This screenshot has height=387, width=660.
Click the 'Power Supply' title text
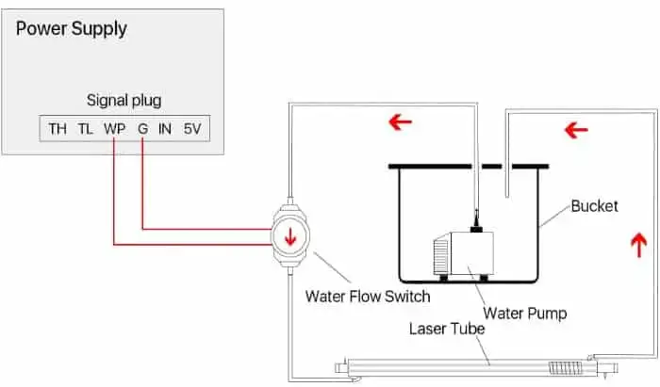tap(72, 29)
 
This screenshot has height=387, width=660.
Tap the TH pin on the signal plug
tap(58, 128)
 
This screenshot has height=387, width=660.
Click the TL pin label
tap(86, 128)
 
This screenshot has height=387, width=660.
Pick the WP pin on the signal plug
tap(114, 128)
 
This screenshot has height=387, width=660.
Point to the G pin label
tap(141, 128)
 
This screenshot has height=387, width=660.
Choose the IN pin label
tap(166, 128)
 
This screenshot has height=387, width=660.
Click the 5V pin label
tap(193, 128)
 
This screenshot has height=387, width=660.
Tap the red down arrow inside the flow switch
tap(290, 236)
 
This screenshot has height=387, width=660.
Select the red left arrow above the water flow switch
tap(400, 122)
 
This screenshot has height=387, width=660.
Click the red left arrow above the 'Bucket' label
tap(576, 129)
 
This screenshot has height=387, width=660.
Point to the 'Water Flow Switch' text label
tap(368, 297)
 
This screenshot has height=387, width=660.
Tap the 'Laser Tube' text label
tap(447, 330)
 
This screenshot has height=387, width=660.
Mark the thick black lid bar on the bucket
tap(469, 167)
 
